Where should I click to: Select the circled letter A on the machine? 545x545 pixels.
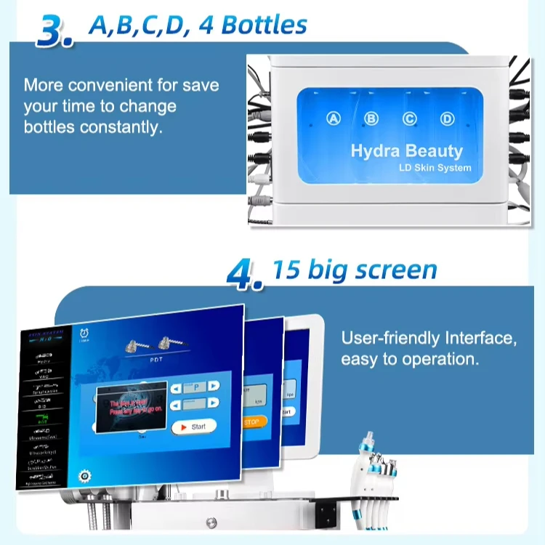click(334, 118)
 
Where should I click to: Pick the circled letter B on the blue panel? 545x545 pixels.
click(371, 118)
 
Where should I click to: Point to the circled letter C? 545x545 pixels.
click(409, 118)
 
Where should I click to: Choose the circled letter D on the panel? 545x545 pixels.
click(447, 118)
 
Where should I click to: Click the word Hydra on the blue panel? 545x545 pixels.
click(376, 151)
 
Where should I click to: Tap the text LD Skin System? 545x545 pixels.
click(435, 168)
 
